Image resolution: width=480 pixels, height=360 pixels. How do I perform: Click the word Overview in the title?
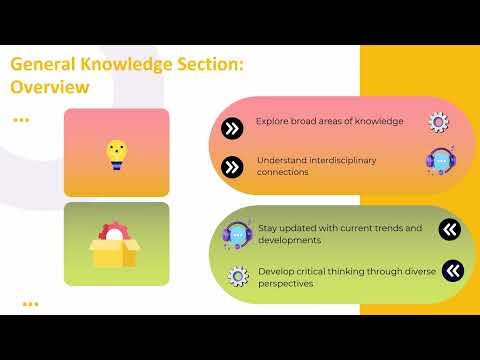pyautogui.click(x=49, y=87)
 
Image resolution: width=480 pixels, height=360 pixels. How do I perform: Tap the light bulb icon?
pyautogui.click(x=117, y=152)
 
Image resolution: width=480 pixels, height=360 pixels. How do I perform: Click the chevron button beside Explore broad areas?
pyautogui.click(x=232, y=128)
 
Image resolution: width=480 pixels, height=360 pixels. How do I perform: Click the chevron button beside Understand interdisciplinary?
pyautogui.click(x=232, y=166)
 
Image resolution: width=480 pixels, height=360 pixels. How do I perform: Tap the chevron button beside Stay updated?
pyautogui.click(x=450, y=230)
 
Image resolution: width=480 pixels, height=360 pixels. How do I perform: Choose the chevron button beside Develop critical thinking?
pyautogui.click(x=452, y=270)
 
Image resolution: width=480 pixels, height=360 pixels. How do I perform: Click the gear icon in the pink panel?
pyautogui.click(x=438, y=122)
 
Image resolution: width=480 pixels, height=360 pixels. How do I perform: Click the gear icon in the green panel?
pyautogui.click(x=238, y=275)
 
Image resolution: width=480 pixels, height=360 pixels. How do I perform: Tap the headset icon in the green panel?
pyautogui.click(x=238, y=235)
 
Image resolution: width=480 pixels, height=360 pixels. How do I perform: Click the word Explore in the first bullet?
pyautogui.click(x=270, y=121)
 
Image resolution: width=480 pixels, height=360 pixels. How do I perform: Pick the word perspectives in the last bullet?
pyautogui.click(x=286, y=284)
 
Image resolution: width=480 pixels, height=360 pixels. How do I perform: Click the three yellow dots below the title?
pyautogui.click(x=20, y=119)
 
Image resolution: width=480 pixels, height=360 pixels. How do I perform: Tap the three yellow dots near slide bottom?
pyautogui.click(x=30, y=303)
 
